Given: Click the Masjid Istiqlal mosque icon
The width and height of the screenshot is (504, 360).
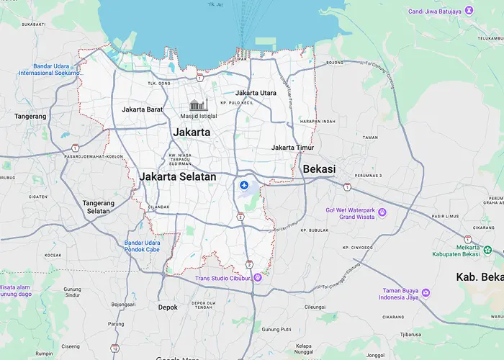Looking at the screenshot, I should tap(198, 105).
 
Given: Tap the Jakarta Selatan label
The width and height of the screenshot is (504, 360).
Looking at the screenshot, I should tap(178, 176).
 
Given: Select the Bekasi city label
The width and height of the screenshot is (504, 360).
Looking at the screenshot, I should tap(320, 168).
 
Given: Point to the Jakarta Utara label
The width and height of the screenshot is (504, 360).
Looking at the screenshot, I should tap(256, 93).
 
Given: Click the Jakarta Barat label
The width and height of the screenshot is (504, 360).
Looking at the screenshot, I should tap(143, 109).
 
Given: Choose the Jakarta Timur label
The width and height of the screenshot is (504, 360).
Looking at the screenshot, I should tap(292, 148).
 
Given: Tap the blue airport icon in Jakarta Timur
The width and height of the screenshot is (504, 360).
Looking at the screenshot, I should tap(244, 186).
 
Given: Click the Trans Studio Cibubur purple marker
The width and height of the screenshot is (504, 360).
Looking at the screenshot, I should tap(257, 278).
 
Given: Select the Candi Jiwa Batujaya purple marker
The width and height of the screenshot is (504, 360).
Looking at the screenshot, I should tap(469, 10).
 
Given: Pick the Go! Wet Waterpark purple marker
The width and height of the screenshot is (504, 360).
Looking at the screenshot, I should tap(382, 212).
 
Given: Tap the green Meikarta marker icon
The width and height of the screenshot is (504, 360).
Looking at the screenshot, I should tap(488, 249).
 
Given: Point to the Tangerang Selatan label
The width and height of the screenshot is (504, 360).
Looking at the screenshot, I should tap(98, 207).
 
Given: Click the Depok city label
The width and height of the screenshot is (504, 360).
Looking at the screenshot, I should tap(168, 307).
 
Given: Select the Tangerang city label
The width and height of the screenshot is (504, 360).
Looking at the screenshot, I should tap(30, 116).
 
